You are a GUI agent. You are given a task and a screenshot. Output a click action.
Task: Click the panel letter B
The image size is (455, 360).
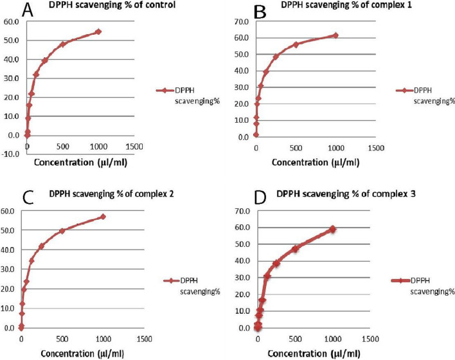pos(243,11)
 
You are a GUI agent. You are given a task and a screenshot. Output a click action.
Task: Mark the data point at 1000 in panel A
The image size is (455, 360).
pos(98,32)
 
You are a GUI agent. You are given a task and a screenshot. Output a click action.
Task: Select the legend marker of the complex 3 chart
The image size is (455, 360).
pos(400,281)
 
